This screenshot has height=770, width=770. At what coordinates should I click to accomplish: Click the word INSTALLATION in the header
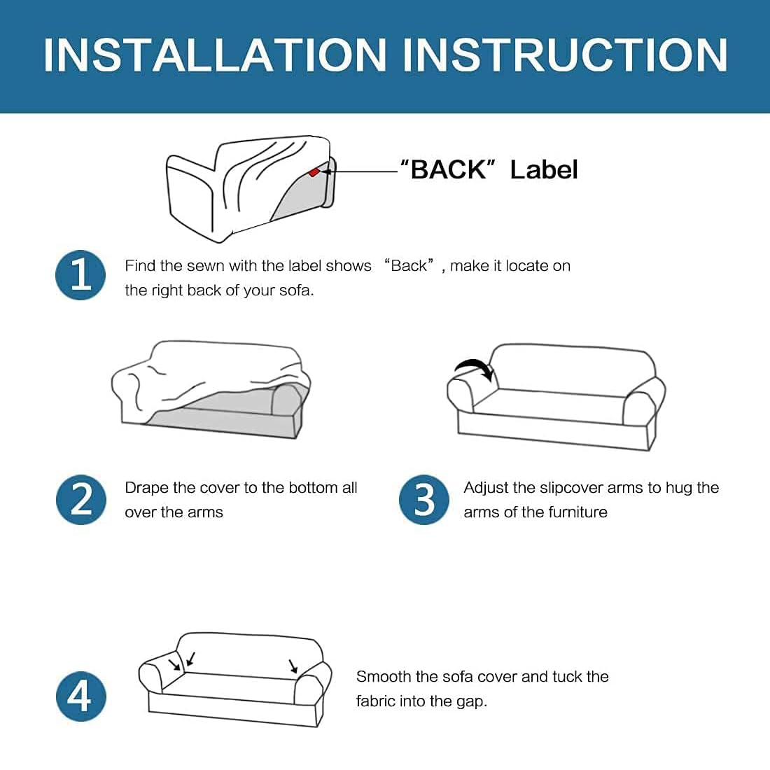(x=215, y=55)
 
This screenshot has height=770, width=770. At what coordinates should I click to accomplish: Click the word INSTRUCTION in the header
(x=565, y=55)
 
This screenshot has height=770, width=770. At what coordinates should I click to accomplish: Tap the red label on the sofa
(x=314, y=172)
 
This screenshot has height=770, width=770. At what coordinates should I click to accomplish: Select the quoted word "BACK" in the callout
(x=448, y=169)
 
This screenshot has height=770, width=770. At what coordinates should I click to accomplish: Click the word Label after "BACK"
(x=544, y=169)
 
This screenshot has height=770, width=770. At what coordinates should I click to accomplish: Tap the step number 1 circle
(x=80, y=275)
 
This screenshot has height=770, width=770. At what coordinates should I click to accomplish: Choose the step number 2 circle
(x=81, y=499)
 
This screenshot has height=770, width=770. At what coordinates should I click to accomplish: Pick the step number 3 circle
(x=423, y=499)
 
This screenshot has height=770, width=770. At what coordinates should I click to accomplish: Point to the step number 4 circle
(x=81, y=696)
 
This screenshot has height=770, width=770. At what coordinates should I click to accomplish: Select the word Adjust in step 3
(x=486, y=488)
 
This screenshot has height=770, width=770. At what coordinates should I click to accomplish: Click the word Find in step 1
(x=140, y=266)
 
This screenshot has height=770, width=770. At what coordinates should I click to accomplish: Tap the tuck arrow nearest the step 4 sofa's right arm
(x=293, y=666)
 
